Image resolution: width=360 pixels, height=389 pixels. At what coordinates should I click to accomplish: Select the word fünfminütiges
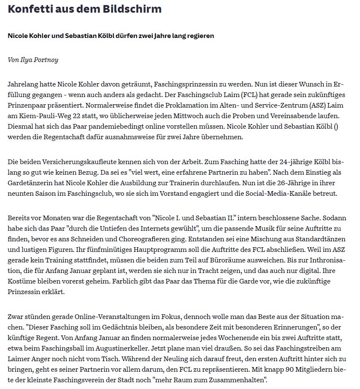tap(130, 249)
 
